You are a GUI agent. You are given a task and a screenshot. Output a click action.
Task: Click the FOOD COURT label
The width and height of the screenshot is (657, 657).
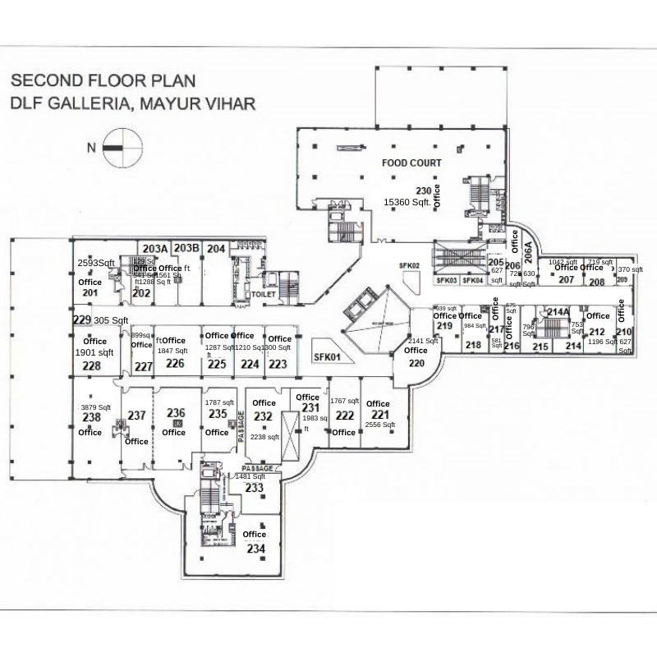(411, 163)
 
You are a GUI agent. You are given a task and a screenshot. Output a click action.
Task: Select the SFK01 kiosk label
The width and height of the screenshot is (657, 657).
(327, 357)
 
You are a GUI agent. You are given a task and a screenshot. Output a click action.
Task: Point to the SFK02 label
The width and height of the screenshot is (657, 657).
(410, 265)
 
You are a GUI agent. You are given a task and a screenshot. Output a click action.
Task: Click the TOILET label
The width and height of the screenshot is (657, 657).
(264, 292)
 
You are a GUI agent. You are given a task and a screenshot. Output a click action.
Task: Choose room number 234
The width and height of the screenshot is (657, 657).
(255, 548)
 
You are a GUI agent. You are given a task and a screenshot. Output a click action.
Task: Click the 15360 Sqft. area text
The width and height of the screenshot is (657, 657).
(408, 201)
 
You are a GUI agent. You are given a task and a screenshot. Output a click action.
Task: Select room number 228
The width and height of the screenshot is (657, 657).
(91, 365)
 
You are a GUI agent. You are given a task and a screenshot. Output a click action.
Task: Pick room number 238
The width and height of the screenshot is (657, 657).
(90, 417)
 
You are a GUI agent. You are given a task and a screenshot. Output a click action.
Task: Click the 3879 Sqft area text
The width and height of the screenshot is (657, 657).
(92, 407)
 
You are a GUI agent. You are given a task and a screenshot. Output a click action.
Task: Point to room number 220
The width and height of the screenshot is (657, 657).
(416, 362)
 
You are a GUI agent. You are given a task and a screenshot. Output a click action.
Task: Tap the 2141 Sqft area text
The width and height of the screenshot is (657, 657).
(423, 341)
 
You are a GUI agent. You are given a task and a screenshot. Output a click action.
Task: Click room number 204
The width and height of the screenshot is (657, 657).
(216, 248)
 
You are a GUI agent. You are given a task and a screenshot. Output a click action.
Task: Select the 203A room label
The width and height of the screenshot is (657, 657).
(154, 248)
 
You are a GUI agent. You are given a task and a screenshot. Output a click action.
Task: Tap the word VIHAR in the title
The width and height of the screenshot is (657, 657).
(227, 104)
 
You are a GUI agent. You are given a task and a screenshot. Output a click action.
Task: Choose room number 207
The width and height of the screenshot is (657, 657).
(567, 279)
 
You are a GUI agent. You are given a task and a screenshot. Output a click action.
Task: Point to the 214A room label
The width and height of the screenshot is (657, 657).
(558, 312)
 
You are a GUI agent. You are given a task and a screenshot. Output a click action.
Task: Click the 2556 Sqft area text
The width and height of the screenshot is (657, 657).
(380, 425)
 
